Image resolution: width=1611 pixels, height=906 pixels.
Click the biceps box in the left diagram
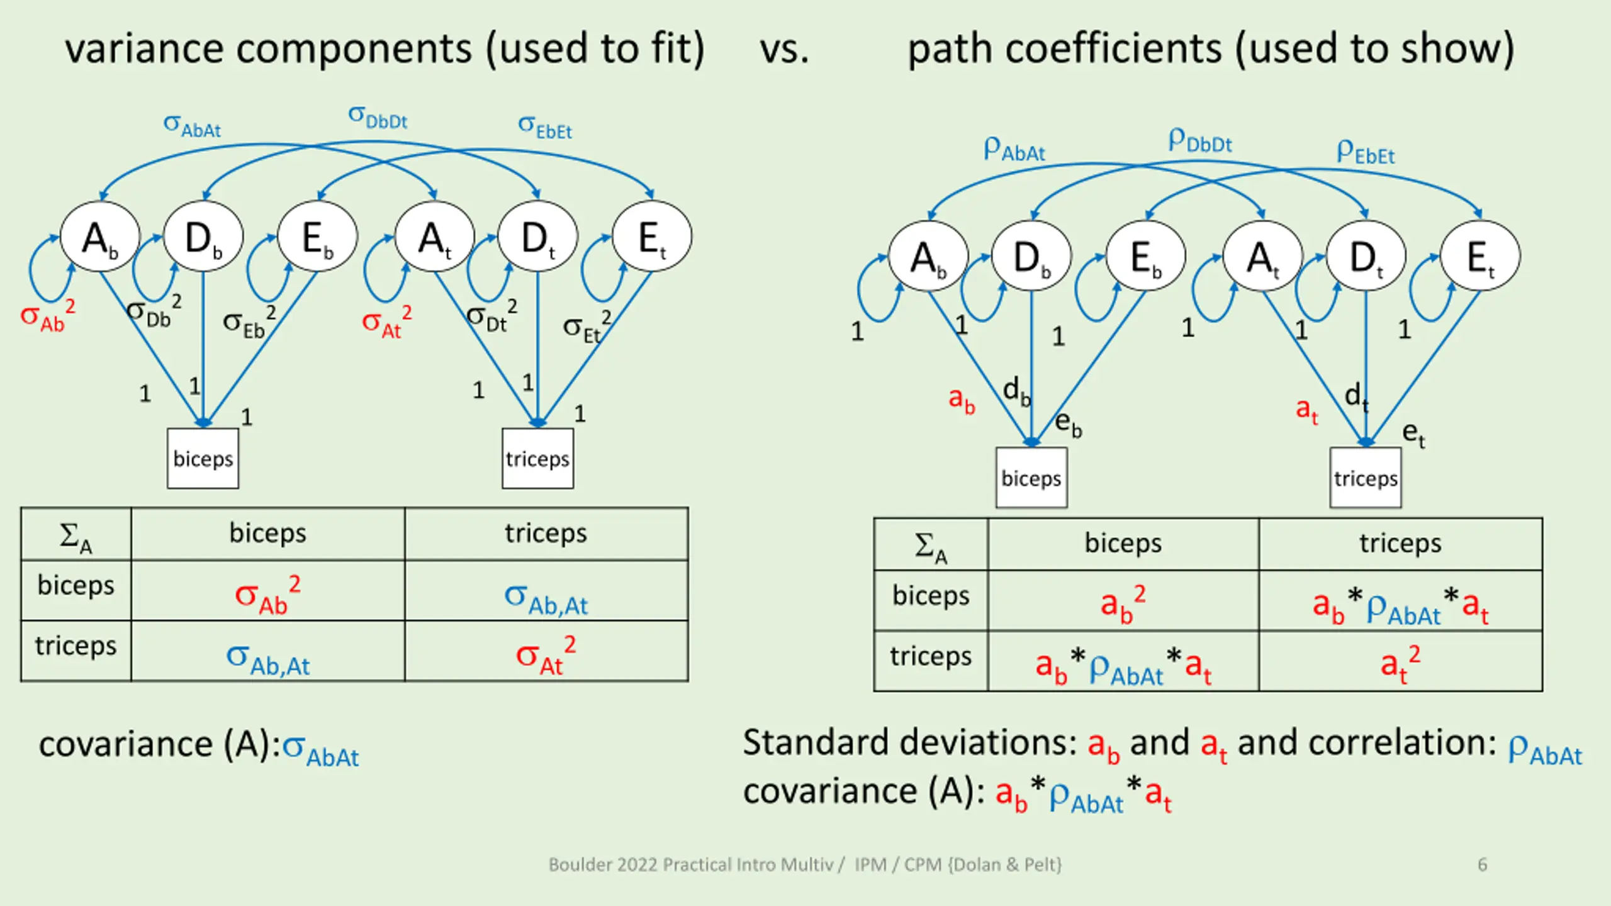coord(203,458)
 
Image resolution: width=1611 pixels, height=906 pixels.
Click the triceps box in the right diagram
coord(1366,478)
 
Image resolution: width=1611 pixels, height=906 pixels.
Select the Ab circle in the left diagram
coord(99,237)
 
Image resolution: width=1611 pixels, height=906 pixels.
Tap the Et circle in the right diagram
coord(1480,255)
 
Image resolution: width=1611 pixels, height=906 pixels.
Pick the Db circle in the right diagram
coord(1031,255)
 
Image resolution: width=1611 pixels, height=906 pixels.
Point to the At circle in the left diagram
coord(434,237)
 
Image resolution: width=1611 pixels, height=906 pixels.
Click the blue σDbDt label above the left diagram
coord(378,118)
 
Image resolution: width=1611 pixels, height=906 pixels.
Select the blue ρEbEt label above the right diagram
coord(1366,152)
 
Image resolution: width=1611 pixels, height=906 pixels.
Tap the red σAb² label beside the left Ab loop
coord(48,315)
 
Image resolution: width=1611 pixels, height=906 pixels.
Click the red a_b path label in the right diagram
coord(962,400)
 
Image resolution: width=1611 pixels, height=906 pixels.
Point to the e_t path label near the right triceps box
coord(1413,434)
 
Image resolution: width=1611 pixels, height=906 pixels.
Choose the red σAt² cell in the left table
coord(546,654)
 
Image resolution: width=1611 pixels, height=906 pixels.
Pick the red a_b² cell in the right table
coord(1123,603)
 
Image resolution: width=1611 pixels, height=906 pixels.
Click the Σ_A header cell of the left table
coord(76,535)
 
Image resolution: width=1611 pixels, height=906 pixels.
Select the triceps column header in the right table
coord(1400,543)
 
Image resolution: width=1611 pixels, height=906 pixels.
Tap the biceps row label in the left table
coord(76,586)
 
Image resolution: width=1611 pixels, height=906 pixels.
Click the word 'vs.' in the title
coord(784,49)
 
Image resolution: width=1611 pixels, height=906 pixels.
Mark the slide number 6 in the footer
coord(1483,864)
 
